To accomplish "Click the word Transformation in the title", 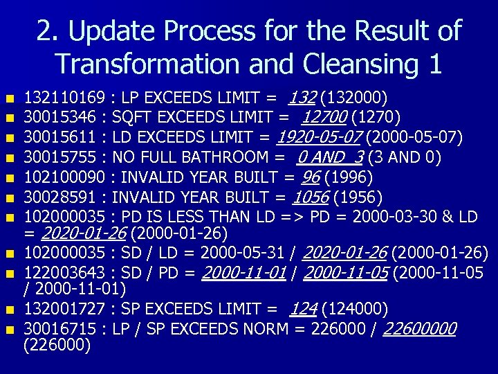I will click(144, 64).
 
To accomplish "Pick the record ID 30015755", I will click(59, 157).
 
